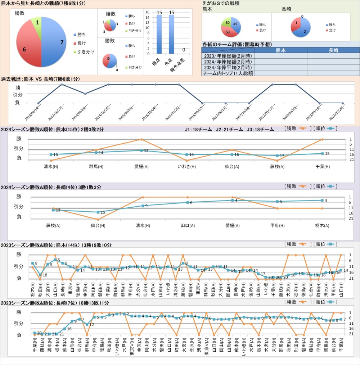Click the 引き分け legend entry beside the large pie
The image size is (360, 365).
(84, 52)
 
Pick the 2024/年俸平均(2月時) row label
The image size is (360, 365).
(228, 67)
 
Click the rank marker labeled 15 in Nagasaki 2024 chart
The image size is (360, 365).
(98, 212)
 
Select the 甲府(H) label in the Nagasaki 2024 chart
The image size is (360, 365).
(277, 226)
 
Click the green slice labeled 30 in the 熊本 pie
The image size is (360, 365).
(226, 22)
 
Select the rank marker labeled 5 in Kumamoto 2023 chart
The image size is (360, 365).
(55, 260)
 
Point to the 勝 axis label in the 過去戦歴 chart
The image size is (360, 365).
(18, 87)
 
